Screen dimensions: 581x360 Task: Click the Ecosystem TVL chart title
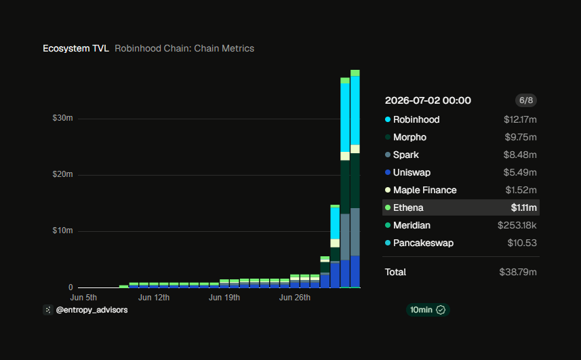[x=75, y=49]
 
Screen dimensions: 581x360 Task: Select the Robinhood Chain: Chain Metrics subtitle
[x=184, y=49]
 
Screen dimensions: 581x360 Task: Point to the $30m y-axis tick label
[x=62, y=118]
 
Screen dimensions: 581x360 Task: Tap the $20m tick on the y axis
[x=62, y=174]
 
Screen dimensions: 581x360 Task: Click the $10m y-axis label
[x=62, y=231]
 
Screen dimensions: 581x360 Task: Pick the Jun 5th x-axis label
[x=83, y=298]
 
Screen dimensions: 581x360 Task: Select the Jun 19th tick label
[x=224, y=298]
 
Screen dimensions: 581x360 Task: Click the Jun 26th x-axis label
[x=295, y=298]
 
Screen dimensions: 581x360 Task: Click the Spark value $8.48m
[x=520, y=155]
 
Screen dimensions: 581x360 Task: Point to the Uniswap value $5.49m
[x=520, y=173]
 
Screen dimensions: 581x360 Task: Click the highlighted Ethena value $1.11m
[x=523, y=207]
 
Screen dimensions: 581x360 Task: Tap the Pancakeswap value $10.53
[x=522, y=243]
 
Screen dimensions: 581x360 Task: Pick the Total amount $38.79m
[x=518, y=273]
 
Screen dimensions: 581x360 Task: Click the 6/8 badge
[x=526, y=100]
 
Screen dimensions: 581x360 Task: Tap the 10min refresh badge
[x=428, y=310]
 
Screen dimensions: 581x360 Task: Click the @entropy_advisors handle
[x=92, y=310]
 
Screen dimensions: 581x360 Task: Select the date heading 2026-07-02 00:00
[x=428, y=100]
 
